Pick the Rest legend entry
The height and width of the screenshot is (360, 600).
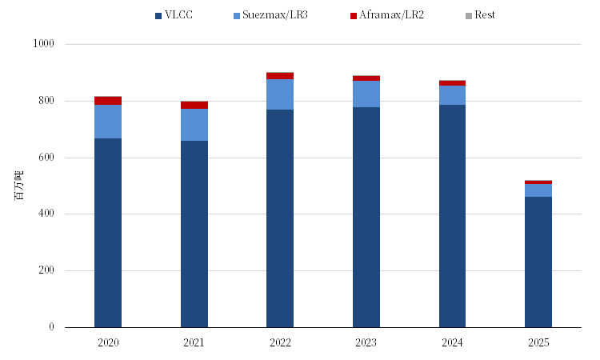click(x=479, y=15)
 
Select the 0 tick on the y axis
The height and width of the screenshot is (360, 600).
click(x=50, y=327)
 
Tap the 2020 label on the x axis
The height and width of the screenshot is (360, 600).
click(x=108, y=342)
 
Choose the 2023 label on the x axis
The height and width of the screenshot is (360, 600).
click(x=366, y=342)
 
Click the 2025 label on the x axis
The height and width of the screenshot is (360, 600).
click(x=538, y=342)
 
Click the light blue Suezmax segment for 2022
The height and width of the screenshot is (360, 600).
click(x=280, y=94)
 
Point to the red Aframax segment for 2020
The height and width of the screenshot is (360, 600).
click(x=108, y=101)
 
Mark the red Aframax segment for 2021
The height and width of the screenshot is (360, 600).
click(x=194, y=105)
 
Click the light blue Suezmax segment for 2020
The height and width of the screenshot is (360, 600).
click(x=108, y=122)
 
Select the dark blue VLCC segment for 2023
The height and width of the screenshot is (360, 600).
click(x=366, y=217)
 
